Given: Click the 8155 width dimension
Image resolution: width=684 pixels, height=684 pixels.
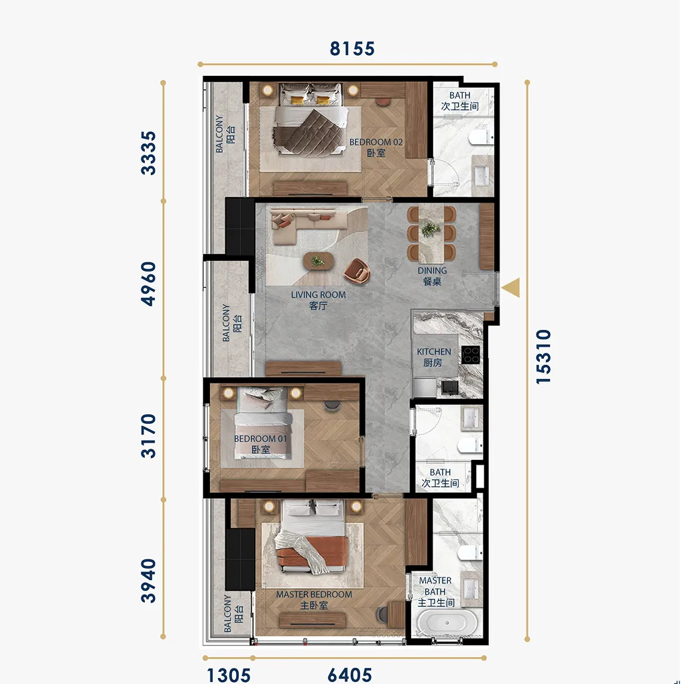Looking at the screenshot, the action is (352, 48).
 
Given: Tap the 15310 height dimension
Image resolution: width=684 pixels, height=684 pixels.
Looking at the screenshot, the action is (544, 357).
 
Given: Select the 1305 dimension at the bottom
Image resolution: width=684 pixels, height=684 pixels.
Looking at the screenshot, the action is (229, 675).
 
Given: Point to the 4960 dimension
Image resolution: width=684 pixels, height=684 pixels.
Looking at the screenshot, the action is (148, 284).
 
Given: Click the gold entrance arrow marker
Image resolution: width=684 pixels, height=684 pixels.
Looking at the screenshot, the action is (511, 288).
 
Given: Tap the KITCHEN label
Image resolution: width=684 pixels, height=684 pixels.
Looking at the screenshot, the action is (434, 351).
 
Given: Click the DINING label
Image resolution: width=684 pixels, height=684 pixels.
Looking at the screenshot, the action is (433, 270).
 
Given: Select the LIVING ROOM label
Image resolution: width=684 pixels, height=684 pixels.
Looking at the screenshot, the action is (319, 295).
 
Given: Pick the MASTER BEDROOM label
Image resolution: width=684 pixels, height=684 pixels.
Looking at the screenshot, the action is (314, 594).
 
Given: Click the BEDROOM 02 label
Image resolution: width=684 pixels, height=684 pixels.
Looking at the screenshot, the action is (376, 142).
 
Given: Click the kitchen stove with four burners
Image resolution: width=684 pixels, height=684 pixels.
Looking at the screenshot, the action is (471, 355).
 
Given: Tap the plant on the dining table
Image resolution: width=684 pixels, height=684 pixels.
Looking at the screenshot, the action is (431, 229).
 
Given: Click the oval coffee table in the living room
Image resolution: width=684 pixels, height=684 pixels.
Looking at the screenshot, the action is (319, 262).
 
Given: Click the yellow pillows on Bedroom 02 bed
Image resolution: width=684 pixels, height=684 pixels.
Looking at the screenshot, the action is (310, 99).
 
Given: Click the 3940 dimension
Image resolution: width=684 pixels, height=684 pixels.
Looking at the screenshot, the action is (148, 581).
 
